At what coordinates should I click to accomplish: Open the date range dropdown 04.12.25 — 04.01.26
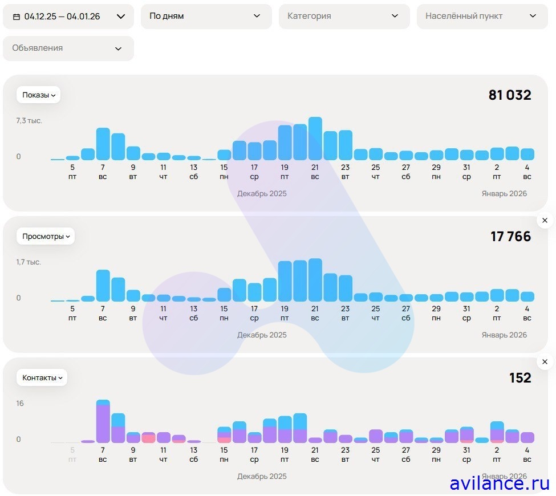68,17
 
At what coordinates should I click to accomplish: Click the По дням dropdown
206,17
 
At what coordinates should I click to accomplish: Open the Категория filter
344,17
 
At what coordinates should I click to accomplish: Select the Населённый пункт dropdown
482,17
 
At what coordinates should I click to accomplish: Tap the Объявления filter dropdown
68,48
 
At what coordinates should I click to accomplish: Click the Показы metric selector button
38,95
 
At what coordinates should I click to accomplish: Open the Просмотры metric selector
46,236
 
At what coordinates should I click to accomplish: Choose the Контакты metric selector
42,377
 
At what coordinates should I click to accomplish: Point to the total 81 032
510,95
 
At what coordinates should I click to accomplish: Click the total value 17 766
510,237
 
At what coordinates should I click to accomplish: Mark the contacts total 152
520,378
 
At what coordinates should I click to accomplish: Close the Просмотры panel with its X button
545,220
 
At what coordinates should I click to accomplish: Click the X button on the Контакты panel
545,361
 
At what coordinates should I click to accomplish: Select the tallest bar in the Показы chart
315,139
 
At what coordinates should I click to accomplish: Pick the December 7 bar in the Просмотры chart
103,286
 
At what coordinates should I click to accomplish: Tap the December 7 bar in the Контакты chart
103,422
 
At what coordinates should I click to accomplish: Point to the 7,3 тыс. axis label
29,121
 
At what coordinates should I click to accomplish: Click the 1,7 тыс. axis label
29,262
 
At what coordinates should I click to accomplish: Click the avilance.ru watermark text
499,483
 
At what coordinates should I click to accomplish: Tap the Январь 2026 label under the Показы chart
504,194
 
